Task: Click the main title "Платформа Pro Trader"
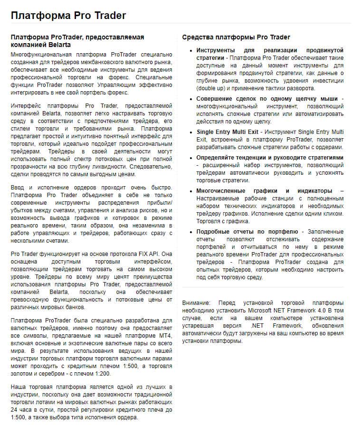click(x=68, y=15)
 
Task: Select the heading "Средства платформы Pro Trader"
click(x=236, y=37)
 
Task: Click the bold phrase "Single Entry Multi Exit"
click(x=229, y=132)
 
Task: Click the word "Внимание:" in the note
click(x=196, y=302)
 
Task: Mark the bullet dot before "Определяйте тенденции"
click(x=190, y=157)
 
